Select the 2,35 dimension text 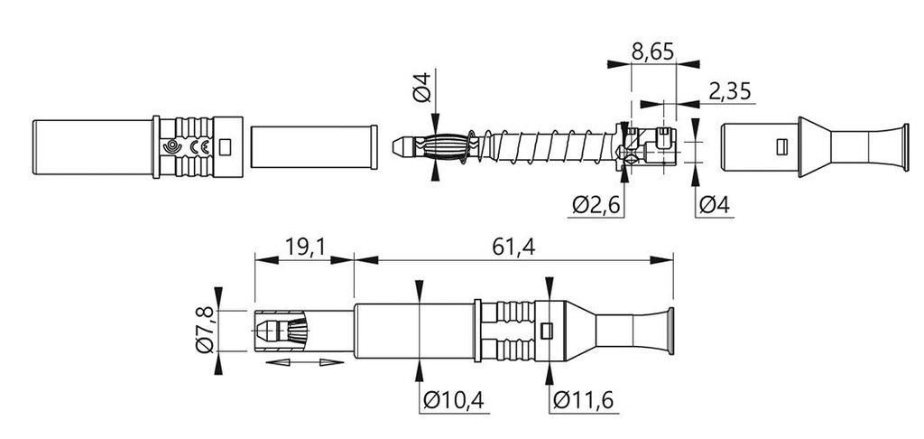(730, 91)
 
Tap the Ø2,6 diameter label (596, 205)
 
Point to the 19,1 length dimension (304, 248)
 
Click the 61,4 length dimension (513, 248)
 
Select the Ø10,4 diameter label (454, 401)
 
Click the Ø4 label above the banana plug (422, 86)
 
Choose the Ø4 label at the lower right (715, 205)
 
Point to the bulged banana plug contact (444, 147)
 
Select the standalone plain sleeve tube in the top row (314, 147)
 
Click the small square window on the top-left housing (225, 147)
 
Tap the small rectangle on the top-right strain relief (782, 147)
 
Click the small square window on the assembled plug (546, 331)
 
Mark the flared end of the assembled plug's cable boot (670, 331)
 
